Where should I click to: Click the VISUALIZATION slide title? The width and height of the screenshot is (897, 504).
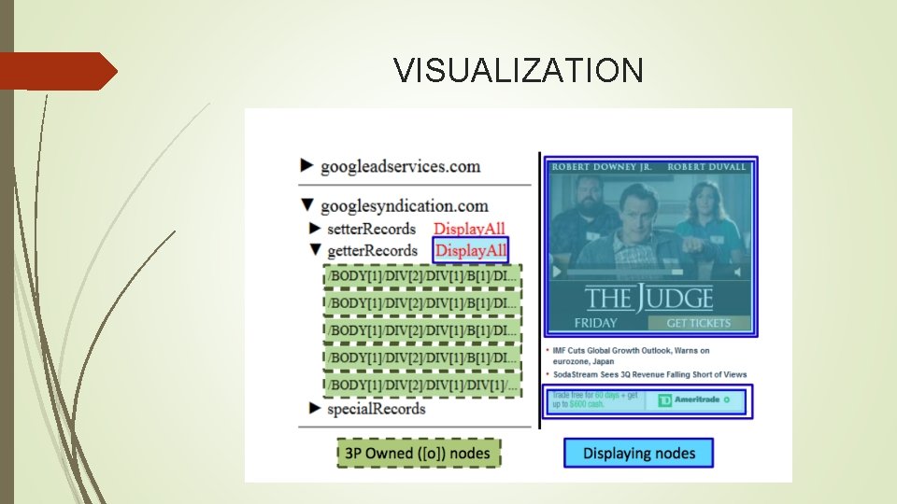tap(519, 70)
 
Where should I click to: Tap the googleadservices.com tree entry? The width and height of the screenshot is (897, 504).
tap(400, 167)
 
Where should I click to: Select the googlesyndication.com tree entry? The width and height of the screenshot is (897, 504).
tap(404, 206)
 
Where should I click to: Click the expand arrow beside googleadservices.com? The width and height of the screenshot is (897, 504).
tap(307, 166)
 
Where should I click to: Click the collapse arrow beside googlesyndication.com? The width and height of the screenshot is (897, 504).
tap(307, 205)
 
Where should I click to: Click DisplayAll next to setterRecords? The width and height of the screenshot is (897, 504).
tap(469, 229)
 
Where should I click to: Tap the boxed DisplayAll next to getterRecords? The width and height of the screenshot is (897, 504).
tap(471, 250)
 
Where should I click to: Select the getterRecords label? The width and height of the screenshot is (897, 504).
tap(373, 250)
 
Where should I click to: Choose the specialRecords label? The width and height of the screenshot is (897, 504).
tap(376, 409)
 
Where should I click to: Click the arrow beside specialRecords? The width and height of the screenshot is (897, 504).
tap(315, 409)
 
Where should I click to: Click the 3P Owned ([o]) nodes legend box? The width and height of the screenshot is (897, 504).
tap(418, 454)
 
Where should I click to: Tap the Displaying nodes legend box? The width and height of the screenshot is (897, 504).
tap(638, 454)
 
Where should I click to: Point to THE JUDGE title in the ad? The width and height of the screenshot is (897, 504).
tap(648, 299)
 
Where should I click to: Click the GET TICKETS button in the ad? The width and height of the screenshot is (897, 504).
tap(698, 323)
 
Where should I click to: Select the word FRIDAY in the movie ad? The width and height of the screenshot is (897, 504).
tap(595, 323)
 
